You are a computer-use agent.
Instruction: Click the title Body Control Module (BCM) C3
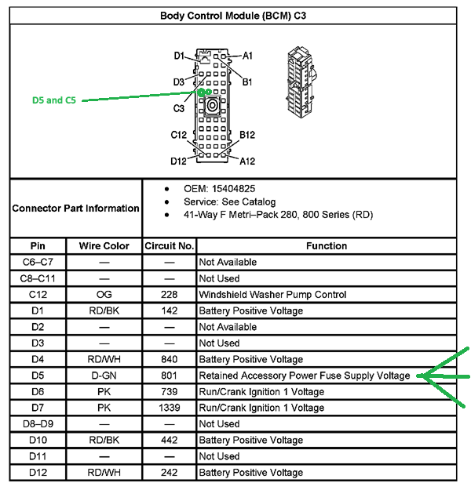point(233,16)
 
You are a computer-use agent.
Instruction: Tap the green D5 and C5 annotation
point(54,100)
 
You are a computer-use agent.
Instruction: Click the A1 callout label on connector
point(247,56)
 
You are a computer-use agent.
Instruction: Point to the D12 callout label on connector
point(178,162)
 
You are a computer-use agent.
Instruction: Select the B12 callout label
point(247,135)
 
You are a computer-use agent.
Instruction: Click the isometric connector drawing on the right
point(301,82)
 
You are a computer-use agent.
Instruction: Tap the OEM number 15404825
point(233,189)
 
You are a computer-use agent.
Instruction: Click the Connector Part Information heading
point(75,208)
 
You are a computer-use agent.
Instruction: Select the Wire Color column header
point(104,246)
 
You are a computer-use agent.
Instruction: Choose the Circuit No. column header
point(170,246)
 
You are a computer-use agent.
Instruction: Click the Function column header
point(327,246)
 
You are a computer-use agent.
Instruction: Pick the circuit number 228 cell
point(170,294)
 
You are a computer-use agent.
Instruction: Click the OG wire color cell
point(104,294)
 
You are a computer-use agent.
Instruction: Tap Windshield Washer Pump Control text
point(272,294)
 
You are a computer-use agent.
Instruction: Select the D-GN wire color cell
point(104,376)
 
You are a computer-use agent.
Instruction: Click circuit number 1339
point(170,408)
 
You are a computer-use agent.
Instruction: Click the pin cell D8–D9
point(38,423)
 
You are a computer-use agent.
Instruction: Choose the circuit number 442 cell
point(170,440)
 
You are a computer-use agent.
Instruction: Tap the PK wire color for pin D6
point(104,391)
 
